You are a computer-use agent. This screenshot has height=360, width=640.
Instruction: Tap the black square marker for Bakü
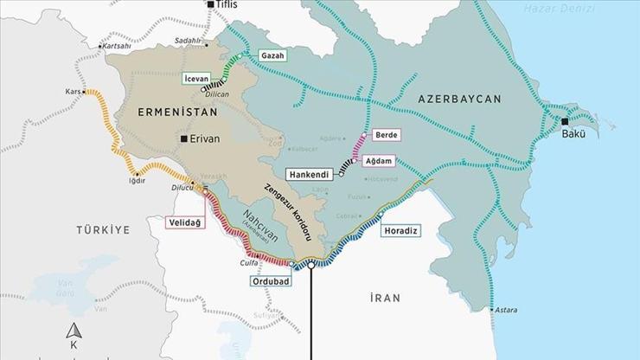tap(564, 121)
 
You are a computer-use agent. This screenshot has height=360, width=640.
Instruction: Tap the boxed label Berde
tap(385, 136)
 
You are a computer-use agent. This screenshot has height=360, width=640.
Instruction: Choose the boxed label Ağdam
tap(383, 161)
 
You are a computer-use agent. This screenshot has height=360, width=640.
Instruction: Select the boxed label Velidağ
tap(186, 222)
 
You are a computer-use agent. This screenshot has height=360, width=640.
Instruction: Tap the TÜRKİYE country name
tap(101, 230)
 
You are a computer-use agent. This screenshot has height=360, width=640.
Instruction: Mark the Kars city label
tap(73, 90)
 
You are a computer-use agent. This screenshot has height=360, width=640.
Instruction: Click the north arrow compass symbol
tap(74, 331)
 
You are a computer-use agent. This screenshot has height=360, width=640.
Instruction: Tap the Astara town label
tap(506, 309)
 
